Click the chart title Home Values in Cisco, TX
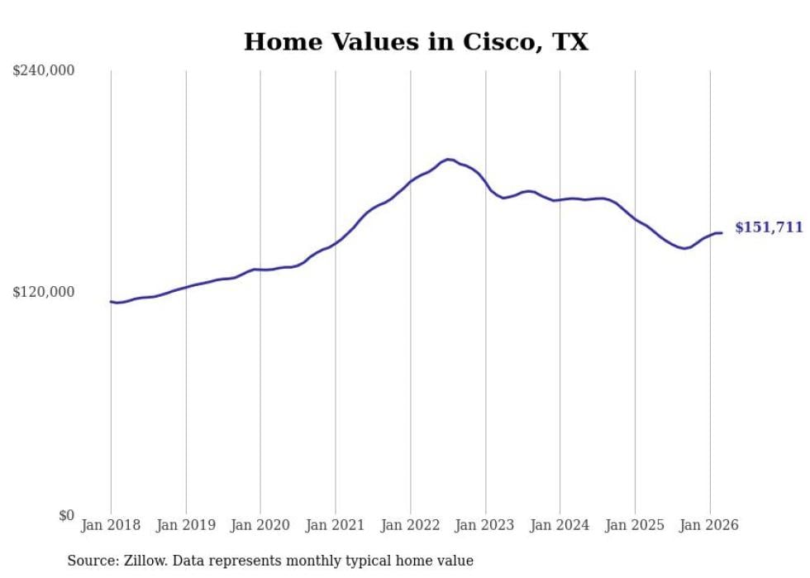coord(416,42)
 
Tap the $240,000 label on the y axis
coord(44,70)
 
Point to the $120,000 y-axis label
coord(44,292)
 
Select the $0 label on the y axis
coord(66,515)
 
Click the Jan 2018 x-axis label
coord(111,525)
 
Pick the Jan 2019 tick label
coord(186,525)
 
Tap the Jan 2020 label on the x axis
coord(260,525)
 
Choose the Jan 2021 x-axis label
coord(336,525)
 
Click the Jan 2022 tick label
coord(411,525)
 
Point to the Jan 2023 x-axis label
coord(485,525)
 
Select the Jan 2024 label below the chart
coord(560,525)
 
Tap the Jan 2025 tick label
coord(635,525)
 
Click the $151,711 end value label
coord(769,227)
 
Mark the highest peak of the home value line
coord(448,159)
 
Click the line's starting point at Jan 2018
coord(111,301)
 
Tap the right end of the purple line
coord(722,232)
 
